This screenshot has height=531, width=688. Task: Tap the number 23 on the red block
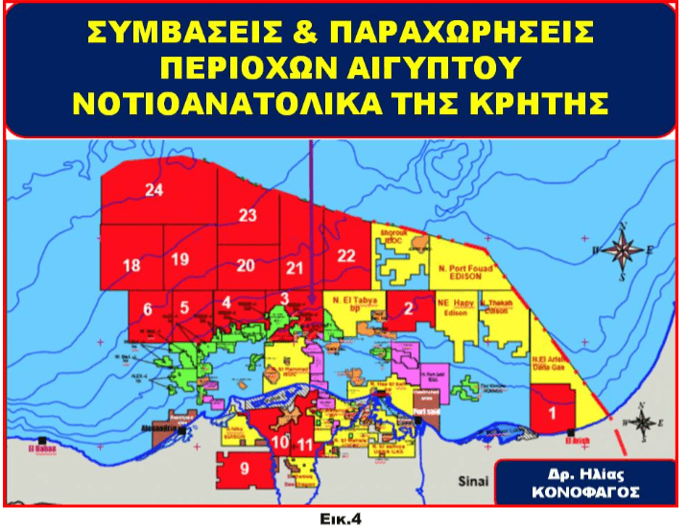click(249, 215)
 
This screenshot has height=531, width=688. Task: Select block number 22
click(346, 254)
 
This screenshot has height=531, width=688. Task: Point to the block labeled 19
click(180, 259)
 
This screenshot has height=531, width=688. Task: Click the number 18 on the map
click(132, 265)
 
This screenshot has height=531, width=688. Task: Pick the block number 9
click(244, 469)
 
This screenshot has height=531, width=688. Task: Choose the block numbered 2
click(408, 308)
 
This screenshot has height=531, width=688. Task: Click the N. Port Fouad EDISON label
click(463, 273)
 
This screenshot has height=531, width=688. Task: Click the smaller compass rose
click(646, 423)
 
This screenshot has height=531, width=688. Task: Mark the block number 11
click(305, 444)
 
